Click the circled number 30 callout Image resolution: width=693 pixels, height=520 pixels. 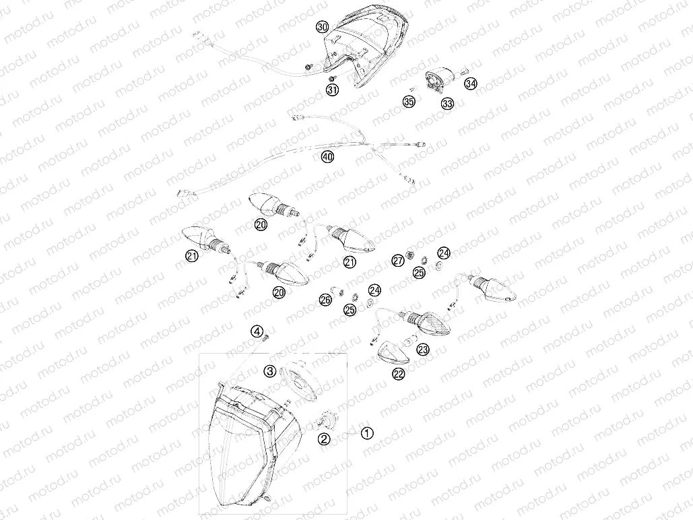tap(322, 27)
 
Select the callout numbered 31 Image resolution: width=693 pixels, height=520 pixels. tap(332, 90)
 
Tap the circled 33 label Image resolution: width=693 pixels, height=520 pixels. tap(447, 103)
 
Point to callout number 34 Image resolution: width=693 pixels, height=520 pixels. tap(470, 84)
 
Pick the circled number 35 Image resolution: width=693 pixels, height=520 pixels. tap(409, 102)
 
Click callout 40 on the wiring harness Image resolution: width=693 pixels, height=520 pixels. tap(327, 157)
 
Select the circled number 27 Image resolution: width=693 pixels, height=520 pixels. tap(398, 261)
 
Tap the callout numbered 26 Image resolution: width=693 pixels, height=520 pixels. tap(325, 300)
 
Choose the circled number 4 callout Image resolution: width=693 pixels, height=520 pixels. tap(257, 331)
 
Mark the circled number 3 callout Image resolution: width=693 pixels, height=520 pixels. tap(269, 370)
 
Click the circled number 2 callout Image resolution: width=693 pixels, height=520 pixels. tap(325, 439)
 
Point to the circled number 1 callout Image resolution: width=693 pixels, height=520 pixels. tap(367, 433)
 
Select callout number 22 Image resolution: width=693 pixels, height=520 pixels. tap(399, 374)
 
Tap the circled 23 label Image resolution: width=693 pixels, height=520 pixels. tap(422, 350)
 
